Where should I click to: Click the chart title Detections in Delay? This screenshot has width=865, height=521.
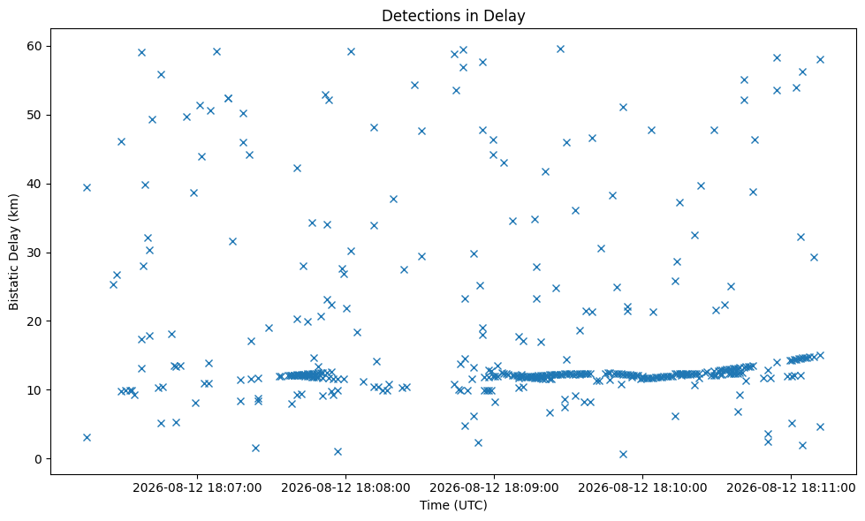pos(453,16)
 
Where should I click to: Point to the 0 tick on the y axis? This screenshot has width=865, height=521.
pos(38,459)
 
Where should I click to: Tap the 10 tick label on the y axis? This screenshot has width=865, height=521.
pos(34,390)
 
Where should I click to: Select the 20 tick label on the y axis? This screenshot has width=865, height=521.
pos(34,321)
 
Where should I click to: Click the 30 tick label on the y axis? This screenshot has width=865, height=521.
pos(34,253)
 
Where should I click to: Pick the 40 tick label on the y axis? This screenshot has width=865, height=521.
pos(34,185)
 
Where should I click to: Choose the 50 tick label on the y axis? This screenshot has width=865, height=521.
pos(34,115)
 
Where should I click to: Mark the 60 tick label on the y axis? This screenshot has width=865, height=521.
pos(34,46)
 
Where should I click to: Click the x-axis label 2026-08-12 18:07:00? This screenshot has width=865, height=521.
pos(197,488)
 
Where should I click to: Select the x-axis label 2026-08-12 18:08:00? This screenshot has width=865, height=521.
pos(345,488)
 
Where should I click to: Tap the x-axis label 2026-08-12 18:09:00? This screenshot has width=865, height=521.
pos(494,488)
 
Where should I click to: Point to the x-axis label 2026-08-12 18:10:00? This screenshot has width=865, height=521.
pos(642,488)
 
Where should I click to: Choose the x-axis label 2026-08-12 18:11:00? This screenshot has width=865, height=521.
pos(791,488)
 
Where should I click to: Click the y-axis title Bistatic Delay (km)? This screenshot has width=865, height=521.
pos(14,252)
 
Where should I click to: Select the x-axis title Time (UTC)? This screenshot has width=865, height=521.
pos(453,505)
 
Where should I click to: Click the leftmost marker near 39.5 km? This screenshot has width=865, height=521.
pos(87,187)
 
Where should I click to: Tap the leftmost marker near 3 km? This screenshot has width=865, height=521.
pos(87,438)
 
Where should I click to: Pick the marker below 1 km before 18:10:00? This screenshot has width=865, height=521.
pos(624,454)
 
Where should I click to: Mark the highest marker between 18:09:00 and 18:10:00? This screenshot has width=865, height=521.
pos(560,49)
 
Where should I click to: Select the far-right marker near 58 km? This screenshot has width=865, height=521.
pos(820,59)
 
